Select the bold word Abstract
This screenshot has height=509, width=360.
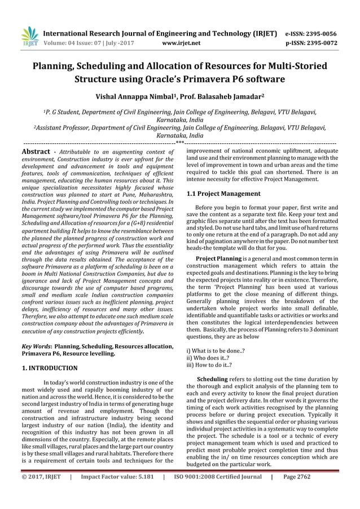click(x=36, y=151)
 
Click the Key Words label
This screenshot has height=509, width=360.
click(x=34, y=346)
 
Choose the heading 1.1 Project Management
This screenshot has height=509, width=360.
click(x=223, y=194)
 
